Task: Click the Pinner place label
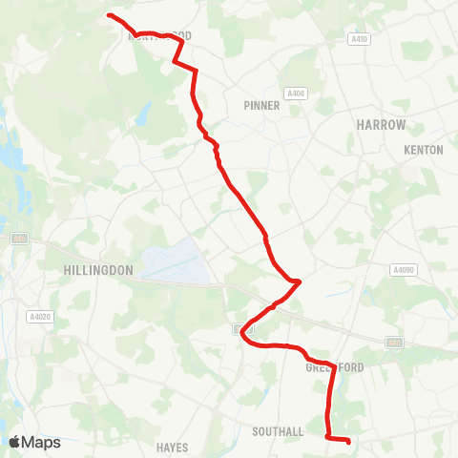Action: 261,106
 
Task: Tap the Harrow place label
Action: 381,125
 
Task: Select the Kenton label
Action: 423,151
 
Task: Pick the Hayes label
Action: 173,446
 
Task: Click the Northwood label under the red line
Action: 159,36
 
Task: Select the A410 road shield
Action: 359,39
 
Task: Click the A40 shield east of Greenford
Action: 395,341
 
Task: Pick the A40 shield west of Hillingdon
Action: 18,238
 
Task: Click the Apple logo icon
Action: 15,442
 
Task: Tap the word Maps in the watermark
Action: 41,442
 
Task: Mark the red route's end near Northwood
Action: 108,15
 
